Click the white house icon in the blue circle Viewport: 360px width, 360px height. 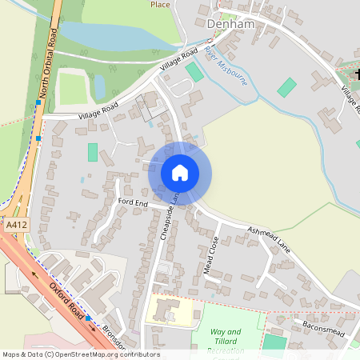179,173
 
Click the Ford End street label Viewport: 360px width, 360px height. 133,204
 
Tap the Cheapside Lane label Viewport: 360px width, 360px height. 166,217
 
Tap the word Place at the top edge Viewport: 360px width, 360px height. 161,4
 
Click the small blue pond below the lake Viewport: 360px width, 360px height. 100,84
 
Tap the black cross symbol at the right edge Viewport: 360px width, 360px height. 356,74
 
